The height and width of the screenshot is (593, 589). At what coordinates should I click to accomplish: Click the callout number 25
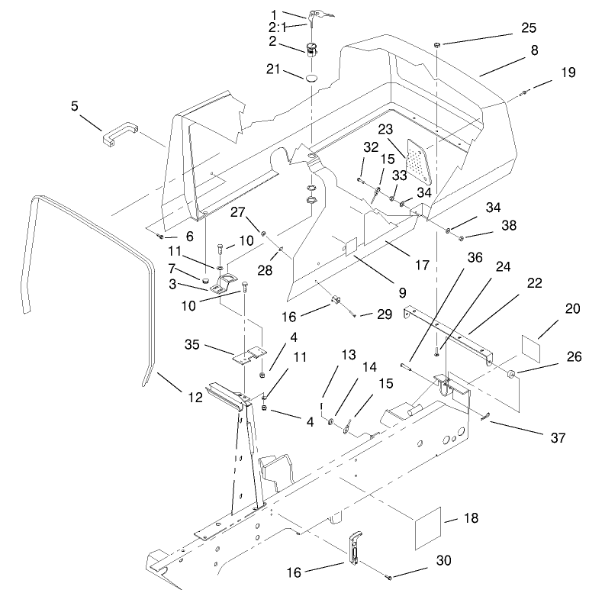528,27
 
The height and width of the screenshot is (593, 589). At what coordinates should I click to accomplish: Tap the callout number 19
568,73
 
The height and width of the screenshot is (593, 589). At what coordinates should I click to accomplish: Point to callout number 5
75,106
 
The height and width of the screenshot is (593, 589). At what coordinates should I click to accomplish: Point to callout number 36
475,259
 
